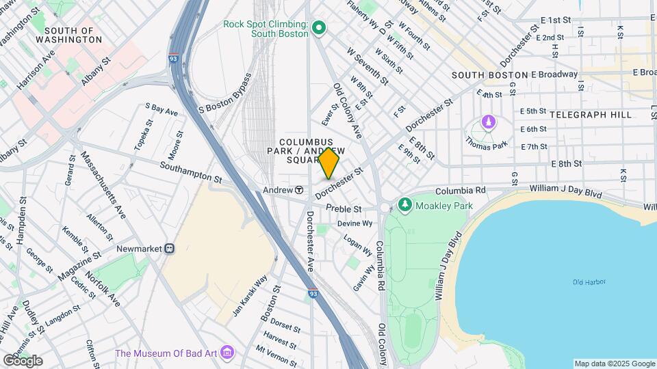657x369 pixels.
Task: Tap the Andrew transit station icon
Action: pos(299,190)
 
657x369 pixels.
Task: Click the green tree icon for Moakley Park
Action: pos(405,204)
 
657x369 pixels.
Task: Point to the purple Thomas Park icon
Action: pos(488,123)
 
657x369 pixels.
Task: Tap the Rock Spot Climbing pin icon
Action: pos(318,28)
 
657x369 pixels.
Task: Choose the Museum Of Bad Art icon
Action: pos(228,353)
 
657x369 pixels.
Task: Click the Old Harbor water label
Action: pos(589,282)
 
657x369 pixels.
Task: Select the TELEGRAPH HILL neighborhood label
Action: pos(590,115)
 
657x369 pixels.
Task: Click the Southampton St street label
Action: pos(191,172)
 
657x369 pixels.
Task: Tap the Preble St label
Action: pos(344,208)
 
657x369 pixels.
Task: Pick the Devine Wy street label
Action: pos(355,223)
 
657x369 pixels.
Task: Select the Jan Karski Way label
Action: pos(250,296)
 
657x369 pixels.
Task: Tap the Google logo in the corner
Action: pos(22,361)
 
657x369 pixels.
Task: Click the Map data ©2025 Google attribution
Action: pos(614,364)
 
